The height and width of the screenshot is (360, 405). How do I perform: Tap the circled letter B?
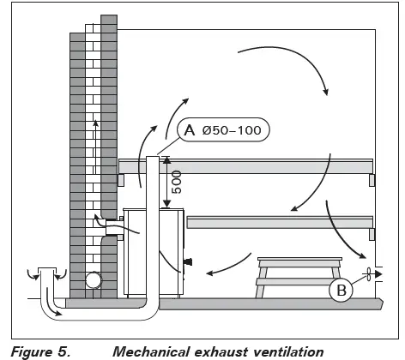pyautogui.click(x=341, y=290)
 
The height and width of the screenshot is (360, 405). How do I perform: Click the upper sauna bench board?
pyautogui.click(x=249, y=165)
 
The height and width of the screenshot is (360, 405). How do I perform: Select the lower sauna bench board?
pyautogui.click(x=279, y=222)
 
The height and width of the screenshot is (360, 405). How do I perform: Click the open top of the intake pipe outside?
pyautogui.click(x=48, y=271)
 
